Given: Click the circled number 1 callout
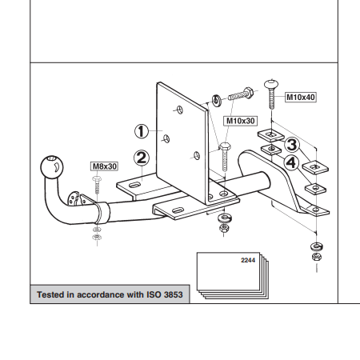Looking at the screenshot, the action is click(142, 131).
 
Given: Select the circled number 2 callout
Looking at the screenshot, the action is click(142, 158).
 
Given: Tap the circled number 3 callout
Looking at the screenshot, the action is click(292, 144).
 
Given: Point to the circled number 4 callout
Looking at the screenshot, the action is click(291, 162).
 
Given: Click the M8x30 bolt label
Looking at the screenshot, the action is click(105, 166).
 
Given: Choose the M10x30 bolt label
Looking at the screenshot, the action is click(240, 121).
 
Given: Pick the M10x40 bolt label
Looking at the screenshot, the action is click(301, 97).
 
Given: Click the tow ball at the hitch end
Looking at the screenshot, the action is click(52, 167).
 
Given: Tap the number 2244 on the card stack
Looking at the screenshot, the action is click(248, 260).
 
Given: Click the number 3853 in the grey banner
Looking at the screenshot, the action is click(174, 294).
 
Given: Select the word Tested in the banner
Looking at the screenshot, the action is click(51, 294).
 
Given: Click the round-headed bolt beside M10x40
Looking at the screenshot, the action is click(271, 94).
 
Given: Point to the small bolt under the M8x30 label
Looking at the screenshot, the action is click(97, 185).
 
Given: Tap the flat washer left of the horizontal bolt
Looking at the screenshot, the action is click(217, 101).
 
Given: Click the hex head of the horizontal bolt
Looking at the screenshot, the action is click(248, 93).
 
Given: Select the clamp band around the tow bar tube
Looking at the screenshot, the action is click(102, 213).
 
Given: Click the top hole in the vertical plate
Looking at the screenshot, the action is click(180, 110).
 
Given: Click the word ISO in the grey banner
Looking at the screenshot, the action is click(154, 294).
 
